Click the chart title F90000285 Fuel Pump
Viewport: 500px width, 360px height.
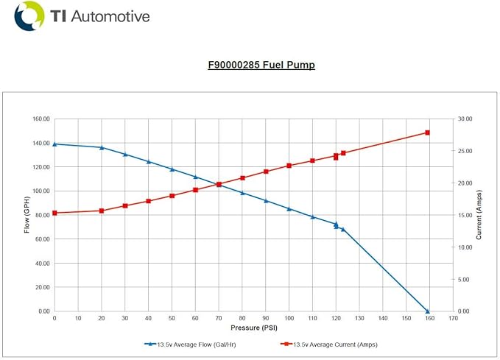click(x=261, y=65)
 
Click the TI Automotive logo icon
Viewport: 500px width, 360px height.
click(x=29, y=15)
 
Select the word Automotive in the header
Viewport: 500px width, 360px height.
click(x=110, y=16)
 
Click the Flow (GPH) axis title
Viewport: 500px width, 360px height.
click(x=27, y=214)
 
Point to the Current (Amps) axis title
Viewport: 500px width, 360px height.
click(x=479, y=214)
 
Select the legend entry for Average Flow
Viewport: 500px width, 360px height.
click(x=192, y=344)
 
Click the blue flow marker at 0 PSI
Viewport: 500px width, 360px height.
click(x=54, y=144)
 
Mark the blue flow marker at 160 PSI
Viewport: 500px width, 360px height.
click(x=427, y=311)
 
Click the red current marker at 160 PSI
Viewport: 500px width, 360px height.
click(x=427, y=133)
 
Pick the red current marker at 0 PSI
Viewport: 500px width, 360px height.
click(x=54, y=213)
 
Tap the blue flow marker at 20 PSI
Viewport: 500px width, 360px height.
click(x=102, y=147)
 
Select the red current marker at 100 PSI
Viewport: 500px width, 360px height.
click(x=289, y=166)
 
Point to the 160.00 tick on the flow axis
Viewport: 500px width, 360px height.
click(x=40, y=119)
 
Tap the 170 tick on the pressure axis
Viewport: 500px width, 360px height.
click(x=450, y=318)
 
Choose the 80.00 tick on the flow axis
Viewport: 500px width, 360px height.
click(x=41, y=215)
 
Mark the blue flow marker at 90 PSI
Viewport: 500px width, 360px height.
click(x=266, y=200)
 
